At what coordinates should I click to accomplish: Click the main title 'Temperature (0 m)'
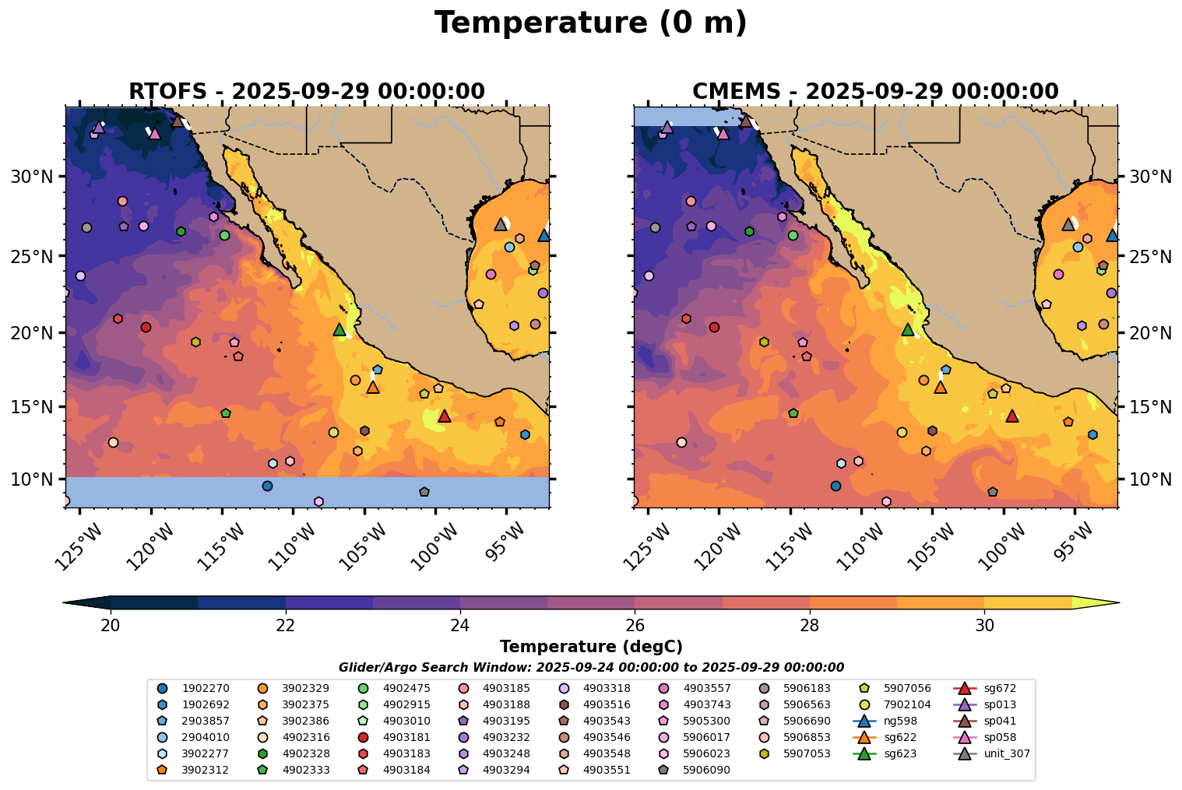590,23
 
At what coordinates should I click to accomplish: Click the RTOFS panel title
307,91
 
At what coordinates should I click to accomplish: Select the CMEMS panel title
875,91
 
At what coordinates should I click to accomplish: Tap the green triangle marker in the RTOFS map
339,329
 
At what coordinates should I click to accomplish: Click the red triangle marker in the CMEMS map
1012,416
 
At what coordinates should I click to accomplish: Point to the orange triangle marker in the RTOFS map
373,387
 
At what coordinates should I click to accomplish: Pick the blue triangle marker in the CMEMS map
1112,235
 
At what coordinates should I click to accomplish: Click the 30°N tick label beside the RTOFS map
31,177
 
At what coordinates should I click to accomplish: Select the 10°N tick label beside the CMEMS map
1150,479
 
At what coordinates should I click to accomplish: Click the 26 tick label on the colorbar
635,626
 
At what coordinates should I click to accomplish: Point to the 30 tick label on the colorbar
984,626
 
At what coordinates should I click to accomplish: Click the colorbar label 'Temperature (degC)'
591,647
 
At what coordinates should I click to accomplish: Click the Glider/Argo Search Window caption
591,667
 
